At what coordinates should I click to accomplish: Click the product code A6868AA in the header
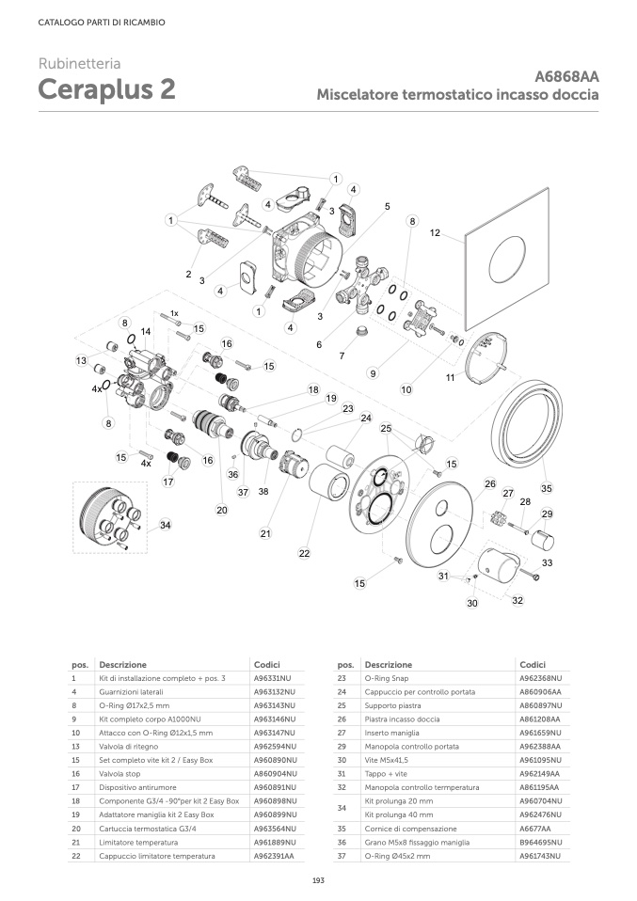(x=566, y=76)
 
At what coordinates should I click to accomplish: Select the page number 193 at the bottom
(x=318, y=879)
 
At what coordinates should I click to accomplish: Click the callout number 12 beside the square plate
(x=435, y=232)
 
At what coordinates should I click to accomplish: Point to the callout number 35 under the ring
(x=546, y=488)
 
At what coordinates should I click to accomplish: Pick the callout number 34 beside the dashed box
(x=165, y=525)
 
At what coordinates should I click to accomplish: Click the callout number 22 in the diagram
(x=304, y=554)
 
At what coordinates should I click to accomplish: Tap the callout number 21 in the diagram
(x=265, y=533)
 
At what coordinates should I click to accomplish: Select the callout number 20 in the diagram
(x=222, y=511)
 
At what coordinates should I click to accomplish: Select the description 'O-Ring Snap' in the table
(x=384, y=677)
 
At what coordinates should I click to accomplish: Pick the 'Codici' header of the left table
(x=267, y=664)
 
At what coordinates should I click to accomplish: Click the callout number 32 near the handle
(x=517, y=599)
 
